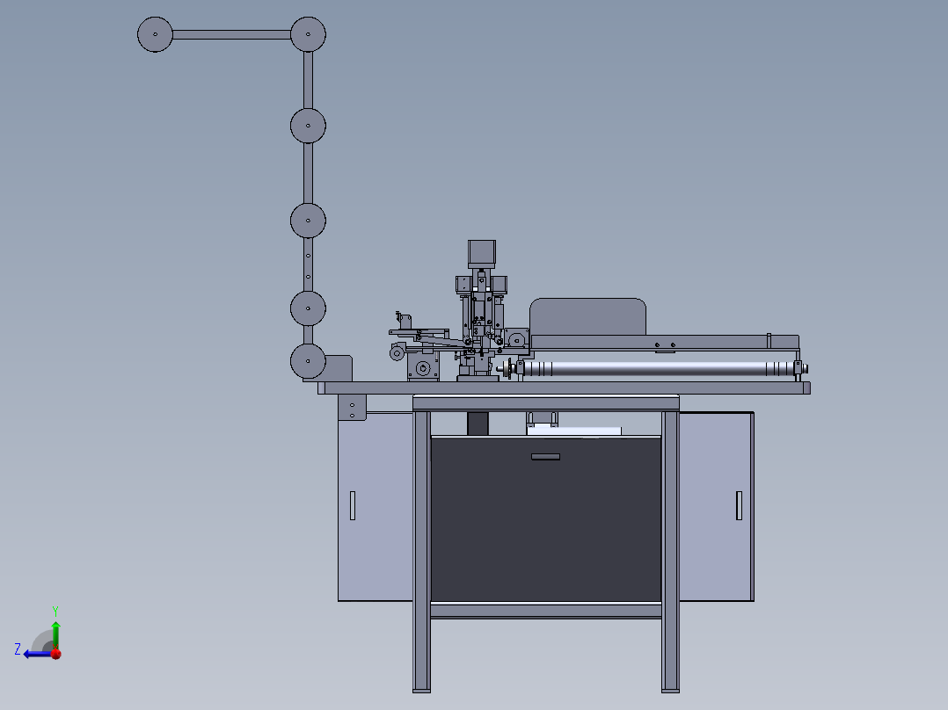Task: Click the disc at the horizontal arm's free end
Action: pos(156,34)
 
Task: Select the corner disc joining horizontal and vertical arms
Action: pos(309,34)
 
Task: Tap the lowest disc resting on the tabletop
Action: pos(309,361)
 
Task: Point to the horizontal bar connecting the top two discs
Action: pos(231,34)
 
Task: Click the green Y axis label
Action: pos(55,611)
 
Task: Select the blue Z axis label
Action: pos(18,649)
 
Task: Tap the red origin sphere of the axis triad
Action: pos(56,654)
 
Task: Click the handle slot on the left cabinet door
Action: pos(353,505)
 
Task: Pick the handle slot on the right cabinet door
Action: pos(739,505)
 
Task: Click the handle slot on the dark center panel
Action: pos(545,457)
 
